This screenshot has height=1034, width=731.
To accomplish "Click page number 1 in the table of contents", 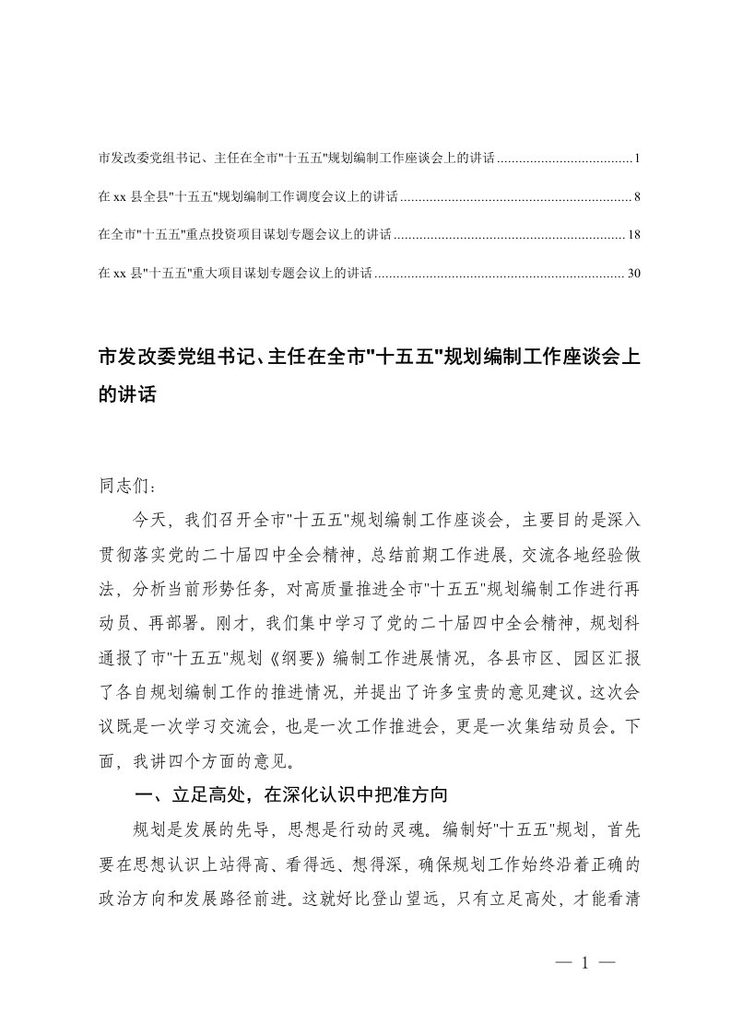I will (x=636, y=159).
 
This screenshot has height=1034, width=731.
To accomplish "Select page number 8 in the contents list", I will (x=636, y=197).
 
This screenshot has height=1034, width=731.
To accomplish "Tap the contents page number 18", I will (x=633, y=236).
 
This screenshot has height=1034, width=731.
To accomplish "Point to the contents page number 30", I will (x=633, y=274).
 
